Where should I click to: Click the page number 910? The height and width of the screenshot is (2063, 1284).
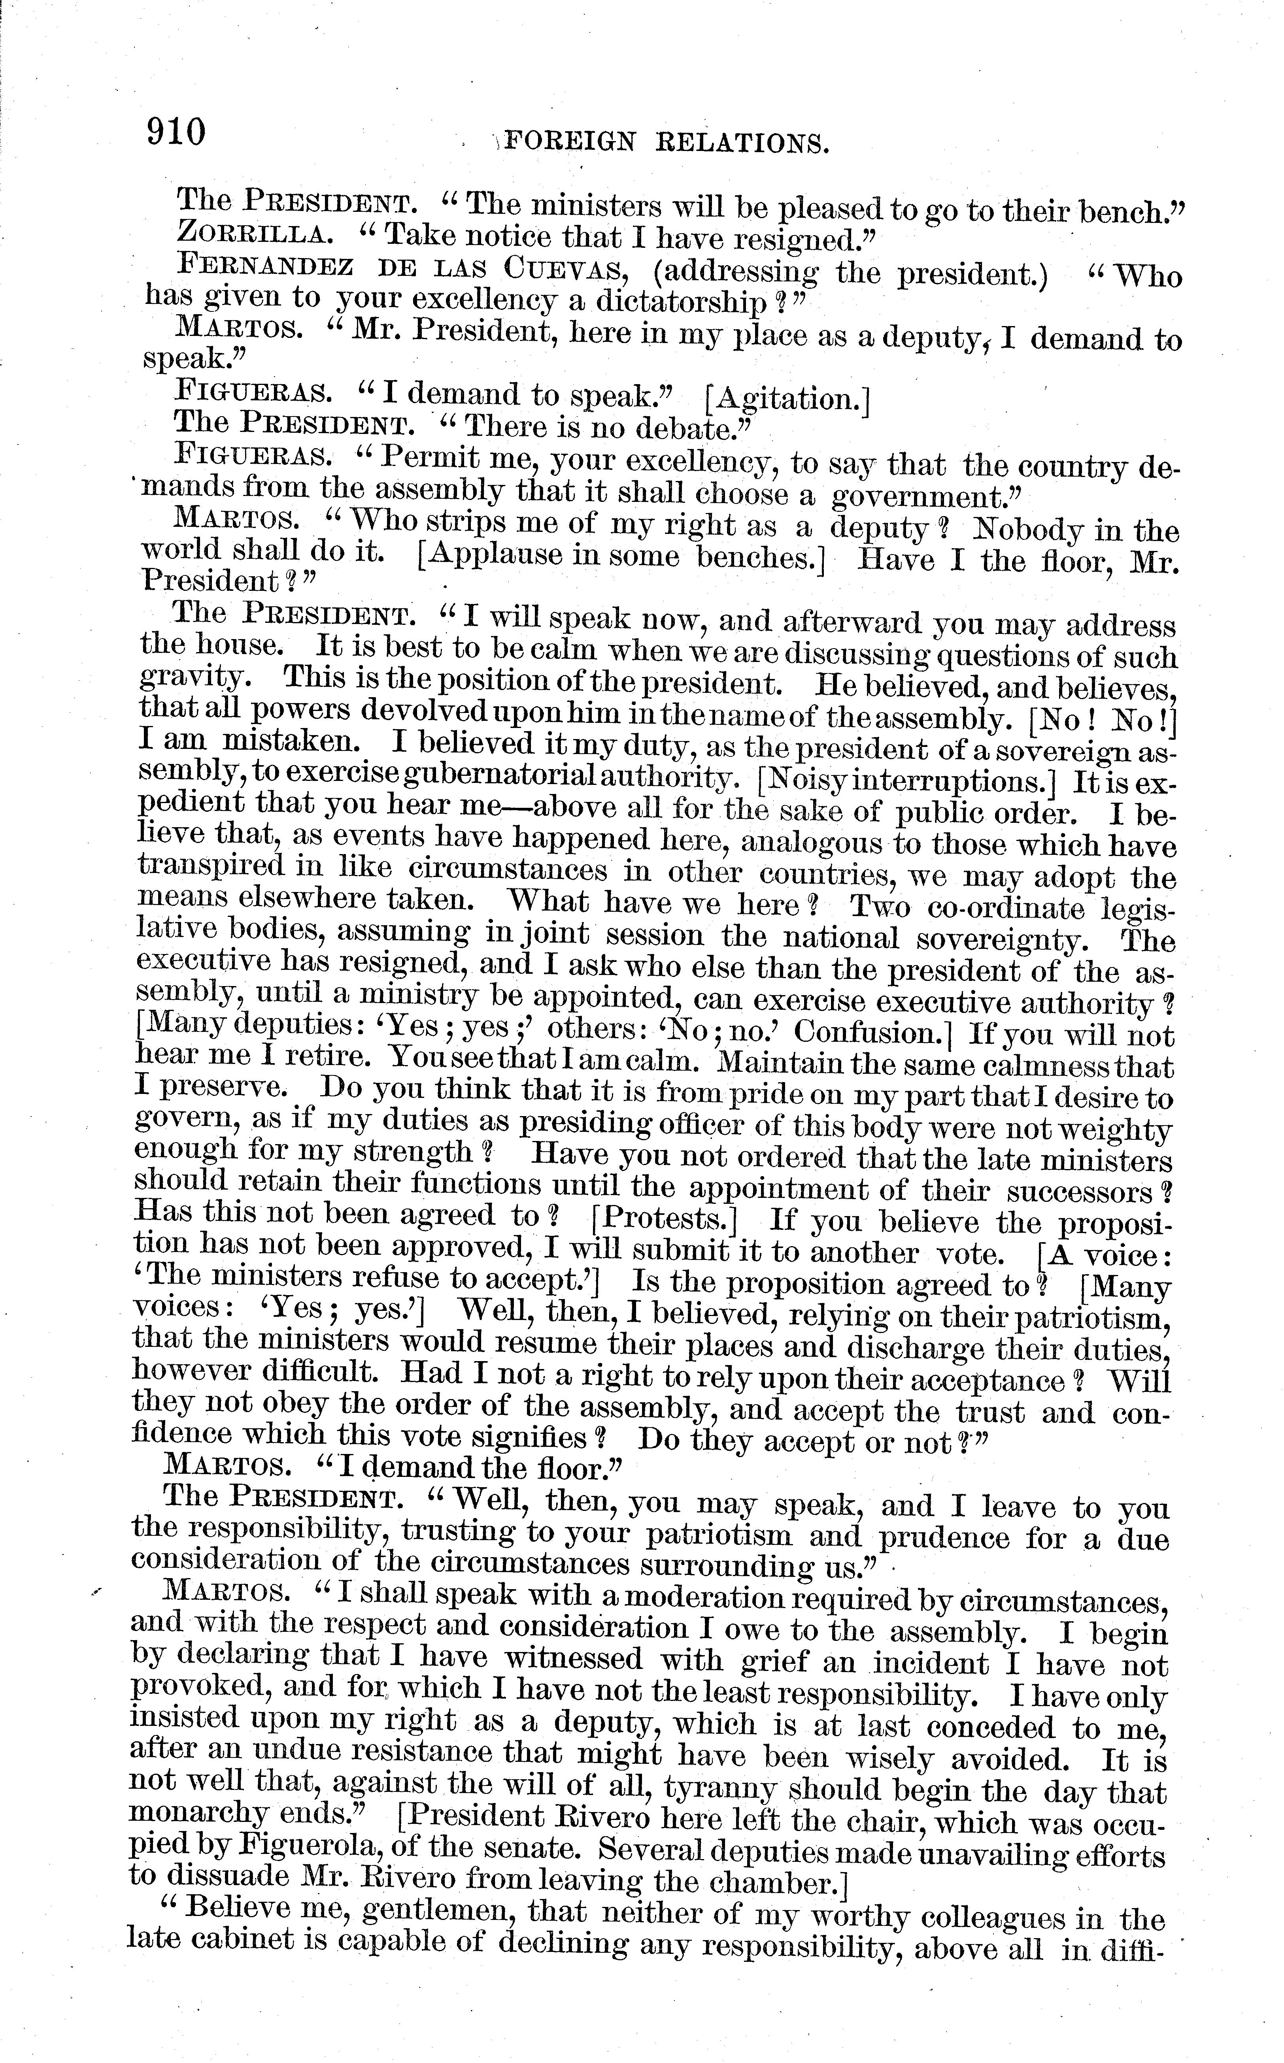(177, 132)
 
